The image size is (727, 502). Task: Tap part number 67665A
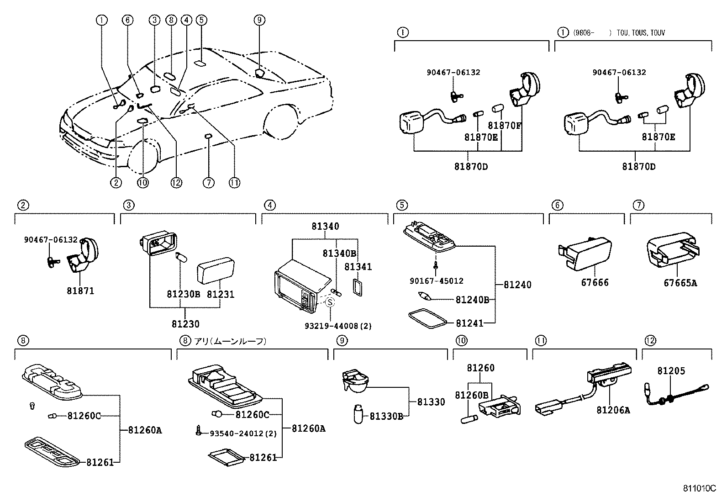coord(680,283)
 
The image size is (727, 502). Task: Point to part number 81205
coord(671,371)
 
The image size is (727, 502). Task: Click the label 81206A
coord(613,410)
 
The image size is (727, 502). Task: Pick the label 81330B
coord(386,416)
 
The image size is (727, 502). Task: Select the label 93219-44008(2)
coord(338,326)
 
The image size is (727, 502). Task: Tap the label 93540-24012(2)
coord(243,433)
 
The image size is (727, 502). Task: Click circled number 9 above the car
coord(259,20)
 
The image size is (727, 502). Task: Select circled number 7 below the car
coord(208,183)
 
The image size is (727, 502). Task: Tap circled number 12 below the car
coord(176,183)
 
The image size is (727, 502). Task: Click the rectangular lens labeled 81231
coord(215,270)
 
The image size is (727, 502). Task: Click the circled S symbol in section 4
coord(330,301)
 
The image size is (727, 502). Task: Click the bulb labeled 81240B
coord(424,297)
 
